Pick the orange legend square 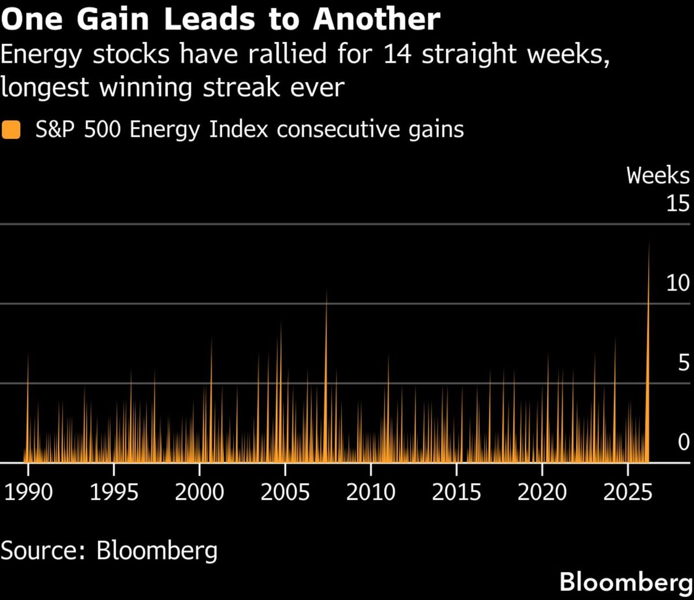point(12,129)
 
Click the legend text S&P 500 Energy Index point(152,129)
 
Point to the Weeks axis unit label point(658,175)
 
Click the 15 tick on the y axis point(677,203)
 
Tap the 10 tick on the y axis point(677,283)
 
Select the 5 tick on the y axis point(684,363)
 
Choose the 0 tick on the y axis point(684,442)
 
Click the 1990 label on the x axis point(29,492)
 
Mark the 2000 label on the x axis point(200,492)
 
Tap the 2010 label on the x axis point(371,492)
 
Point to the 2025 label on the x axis point(627,492)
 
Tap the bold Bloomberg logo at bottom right point(626,581)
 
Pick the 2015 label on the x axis point(456,492)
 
